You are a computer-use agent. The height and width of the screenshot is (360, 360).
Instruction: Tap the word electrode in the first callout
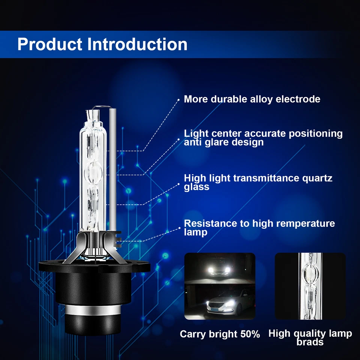click(x=298, y=99)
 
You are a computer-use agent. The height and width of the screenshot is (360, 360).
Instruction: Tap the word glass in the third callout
click(x=196, y=186)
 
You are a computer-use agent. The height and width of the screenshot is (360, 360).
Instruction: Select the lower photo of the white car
click(x=220, y=301)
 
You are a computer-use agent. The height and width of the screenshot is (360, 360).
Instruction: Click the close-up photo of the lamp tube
click(x=310, y=286)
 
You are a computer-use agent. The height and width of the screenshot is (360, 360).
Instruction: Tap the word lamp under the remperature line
click(x=195, y=232)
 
